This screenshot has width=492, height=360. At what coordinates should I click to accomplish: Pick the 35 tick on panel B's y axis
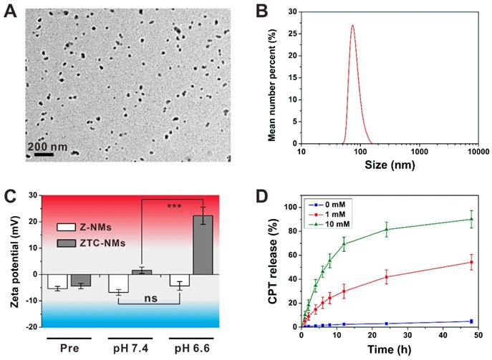pos(291,11)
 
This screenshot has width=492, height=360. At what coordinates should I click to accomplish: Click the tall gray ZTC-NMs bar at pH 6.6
pos(203,245)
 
